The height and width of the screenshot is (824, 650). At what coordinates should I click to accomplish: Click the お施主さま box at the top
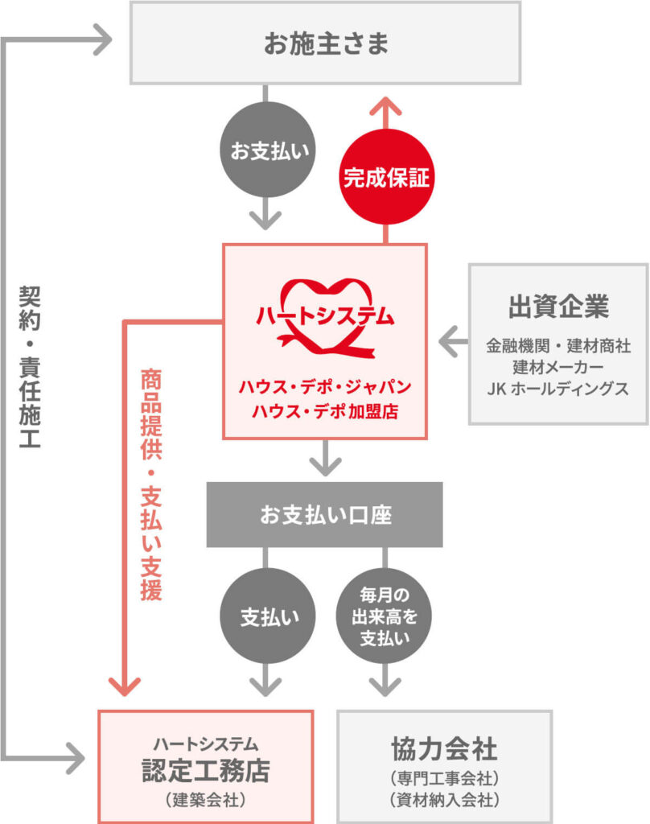click(x=326, y=43)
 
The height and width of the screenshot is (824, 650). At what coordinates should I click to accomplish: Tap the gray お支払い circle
click(x=265, y=151)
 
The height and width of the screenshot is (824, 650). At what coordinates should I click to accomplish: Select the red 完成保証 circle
click(x=387, y=177)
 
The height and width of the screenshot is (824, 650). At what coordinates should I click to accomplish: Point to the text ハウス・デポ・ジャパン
click(x=325, y=386)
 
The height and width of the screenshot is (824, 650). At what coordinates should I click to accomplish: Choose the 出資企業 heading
click(x=558, y=307)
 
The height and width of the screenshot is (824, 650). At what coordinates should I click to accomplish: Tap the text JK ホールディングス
click(x=558, y=388)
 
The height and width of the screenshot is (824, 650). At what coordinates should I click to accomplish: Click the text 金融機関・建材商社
click(x=558, y=346)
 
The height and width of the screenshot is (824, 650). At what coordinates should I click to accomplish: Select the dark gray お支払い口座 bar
click(x=325, y=514)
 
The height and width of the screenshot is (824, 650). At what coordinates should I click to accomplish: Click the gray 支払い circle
click(x=265, y=616)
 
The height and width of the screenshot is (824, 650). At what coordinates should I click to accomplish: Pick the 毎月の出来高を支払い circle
click(x=384, y=616)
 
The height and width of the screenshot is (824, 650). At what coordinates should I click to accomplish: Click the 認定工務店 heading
click(x=205, y=770)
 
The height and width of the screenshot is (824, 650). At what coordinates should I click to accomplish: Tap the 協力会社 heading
click(x=445, y=750)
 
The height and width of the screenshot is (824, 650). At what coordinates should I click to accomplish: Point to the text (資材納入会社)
click(x=445, y=800)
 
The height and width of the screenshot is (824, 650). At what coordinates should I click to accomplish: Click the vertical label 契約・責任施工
click(x=30, y=369)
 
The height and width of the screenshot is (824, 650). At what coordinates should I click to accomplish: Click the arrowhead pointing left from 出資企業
click(x=448, y=344)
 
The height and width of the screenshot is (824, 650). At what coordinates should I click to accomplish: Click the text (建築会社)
click(x=205, y=800)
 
